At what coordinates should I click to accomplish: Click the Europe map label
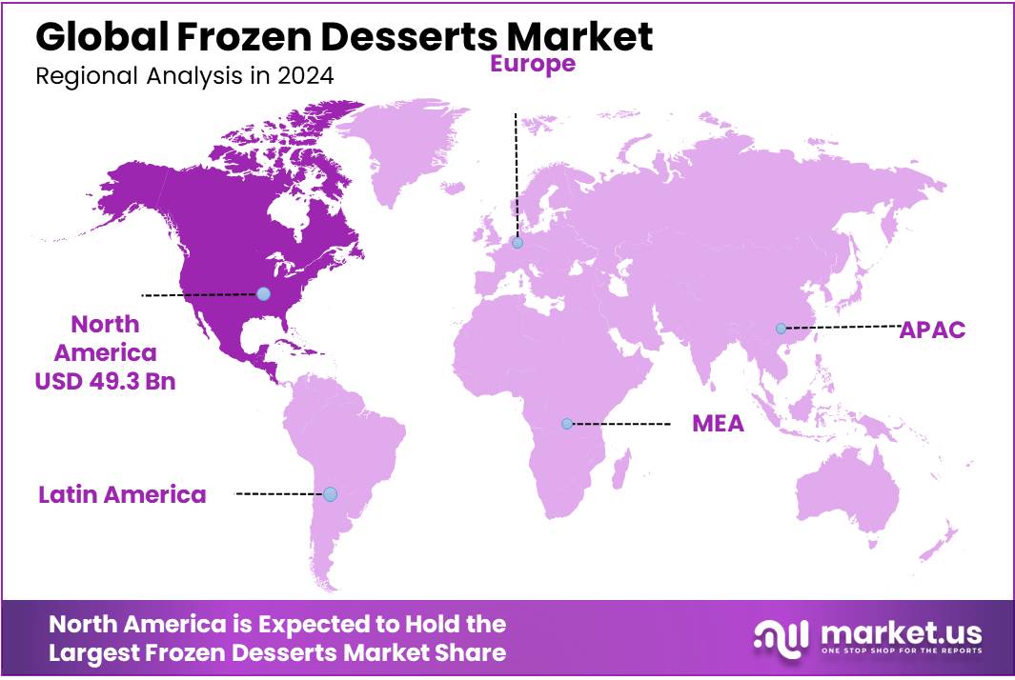533,64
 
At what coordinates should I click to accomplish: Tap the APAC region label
933,330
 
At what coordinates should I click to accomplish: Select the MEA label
718,424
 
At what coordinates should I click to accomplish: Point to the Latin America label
122,494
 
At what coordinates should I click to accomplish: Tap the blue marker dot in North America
263,293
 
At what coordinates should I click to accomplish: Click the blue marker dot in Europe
517,243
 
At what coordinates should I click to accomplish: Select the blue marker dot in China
781,329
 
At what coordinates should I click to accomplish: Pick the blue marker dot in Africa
567,423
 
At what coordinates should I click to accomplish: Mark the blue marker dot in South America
330,493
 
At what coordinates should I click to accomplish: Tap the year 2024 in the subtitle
307,76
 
